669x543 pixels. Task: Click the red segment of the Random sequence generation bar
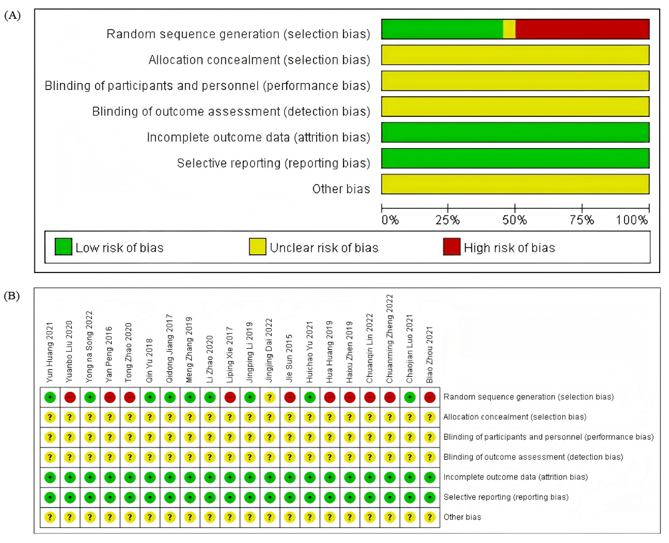coord(582,29)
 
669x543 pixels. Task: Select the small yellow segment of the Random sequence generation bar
coord(509,29)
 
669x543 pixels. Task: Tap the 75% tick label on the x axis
coord(582,221)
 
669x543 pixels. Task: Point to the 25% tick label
coord(447,221)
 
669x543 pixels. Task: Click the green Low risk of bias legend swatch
coord(63,247)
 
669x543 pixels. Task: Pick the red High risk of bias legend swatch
coord(451,247)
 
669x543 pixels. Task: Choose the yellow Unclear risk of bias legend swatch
coord(257,247)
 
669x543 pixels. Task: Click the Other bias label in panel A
coord(341,189)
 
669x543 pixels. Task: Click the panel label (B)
coord(12,296)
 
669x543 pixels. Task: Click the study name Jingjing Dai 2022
coord(270,350)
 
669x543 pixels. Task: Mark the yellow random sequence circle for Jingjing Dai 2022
coord(270,397)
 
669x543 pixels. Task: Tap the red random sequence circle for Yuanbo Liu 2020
coord(70,397)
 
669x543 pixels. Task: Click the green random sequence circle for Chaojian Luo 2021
coord(410,397)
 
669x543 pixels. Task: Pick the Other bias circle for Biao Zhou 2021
coord(430,517)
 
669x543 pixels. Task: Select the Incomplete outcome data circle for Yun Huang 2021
coord(50,477)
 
